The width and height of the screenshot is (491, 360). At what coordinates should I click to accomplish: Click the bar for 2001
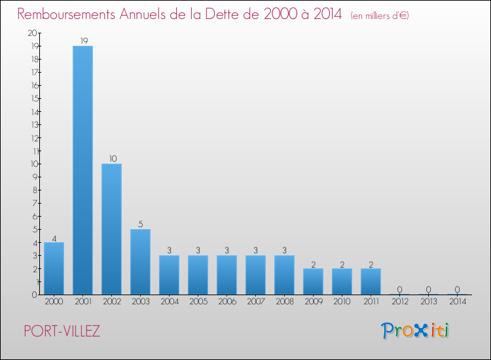pyautogui.click(x=82, y=170)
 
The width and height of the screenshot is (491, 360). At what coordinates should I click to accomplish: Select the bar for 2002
pyautogui.click(x=111, y=229)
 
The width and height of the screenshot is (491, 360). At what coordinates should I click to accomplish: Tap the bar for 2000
pyautogui.click(x=54, y=268)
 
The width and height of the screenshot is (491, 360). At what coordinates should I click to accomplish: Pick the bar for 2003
pyautogui.click(x=140, y=262)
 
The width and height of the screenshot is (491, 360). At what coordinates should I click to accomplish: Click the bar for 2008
pyautogui.click(x=284, y=275)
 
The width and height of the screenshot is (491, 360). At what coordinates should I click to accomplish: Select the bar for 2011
pyautogui.click(x=371, y=281)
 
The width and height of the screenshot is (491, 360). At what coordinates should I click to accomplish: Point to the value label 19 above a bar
pyautogui.click(x=83, y=41)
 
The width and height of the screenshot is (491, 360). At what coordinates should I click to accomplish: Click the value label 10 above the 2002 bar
pyautogui.click(x=112, y=159)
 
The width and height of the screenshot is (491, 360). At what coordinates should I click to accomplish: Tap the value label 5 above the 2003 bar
pyautogui.click(x=140, y=225)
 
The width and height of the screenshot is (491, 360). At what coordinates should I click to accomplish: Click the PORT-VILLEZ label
pyautogui.click(x=62, y=331)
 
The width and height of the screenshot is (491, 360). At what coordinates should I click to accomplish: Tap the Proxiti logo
pyautogui.click(x=416, y=331)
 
